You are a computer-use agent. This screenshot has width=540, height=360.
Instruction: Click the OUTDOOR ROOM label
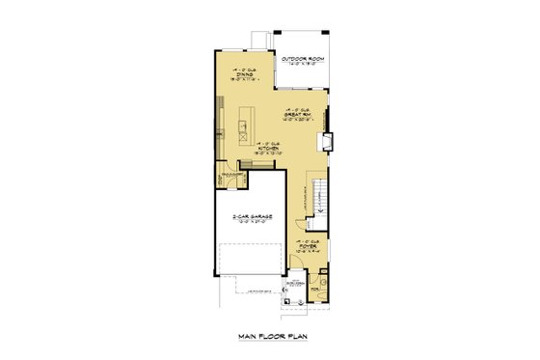(x=300, y=59)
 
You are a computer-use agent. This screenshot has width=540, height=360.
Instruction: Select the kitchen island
(x=244, y=125)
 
